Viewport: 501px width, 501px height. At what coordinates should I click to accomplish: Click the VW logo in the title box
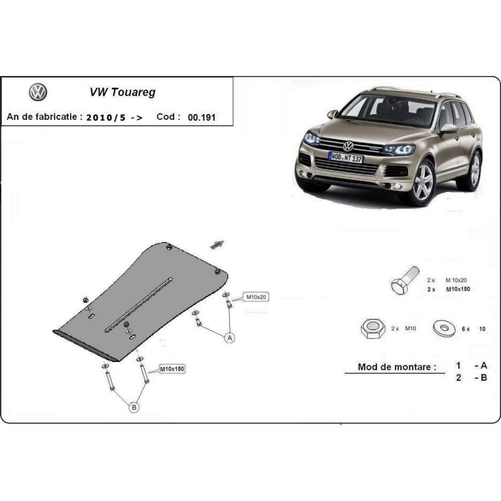(38, 93)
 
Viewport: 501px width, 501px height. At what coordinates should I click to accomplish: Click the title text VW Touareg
(123, 93)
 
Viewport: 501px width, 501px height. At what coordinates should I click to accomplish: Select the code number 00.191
(202, 117)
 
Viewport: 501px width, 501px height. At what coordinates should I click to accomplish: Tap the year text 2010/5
(106, 118)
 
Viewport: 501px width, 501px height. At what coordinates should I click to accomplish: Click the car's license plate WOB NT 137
(345, 157)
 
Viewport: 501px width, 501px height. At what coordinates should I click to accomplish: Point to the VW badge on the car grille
(348, 146)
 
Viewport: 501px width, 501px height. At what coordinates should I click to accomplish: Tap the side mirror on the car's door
(449, 129)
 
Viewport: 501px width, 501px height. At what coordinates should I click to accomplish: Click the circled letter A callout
(230, 338)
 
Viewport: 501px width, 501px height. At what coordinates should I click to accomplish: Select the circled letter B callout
(134, 407)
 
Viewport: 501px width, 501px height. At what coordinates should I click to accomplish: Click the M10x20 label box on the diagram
(256, 297)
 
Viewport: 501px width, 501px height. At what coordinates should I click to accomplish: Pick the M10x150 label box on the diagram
(172, 369)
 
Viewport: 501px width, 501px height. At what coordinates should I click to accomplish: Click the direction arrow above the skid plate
(217, 245)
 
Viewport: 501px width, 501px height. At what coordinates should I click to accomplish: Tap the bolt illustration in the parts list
(405, 280)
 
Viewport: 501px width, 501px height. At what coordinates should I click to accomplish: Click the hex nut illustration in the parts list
(373, 329)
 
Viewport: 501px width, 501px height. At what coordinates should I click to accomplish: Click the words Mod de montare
(397, 367)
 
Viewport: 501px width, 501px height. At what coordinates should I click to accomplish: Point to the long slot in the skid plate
(139, 305)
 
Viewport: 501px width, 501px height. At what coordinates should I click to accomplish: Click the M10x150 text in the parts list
(458, 289)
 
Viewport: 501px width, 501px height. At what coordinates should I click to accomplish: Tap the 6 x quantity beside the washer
(466, 329)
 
